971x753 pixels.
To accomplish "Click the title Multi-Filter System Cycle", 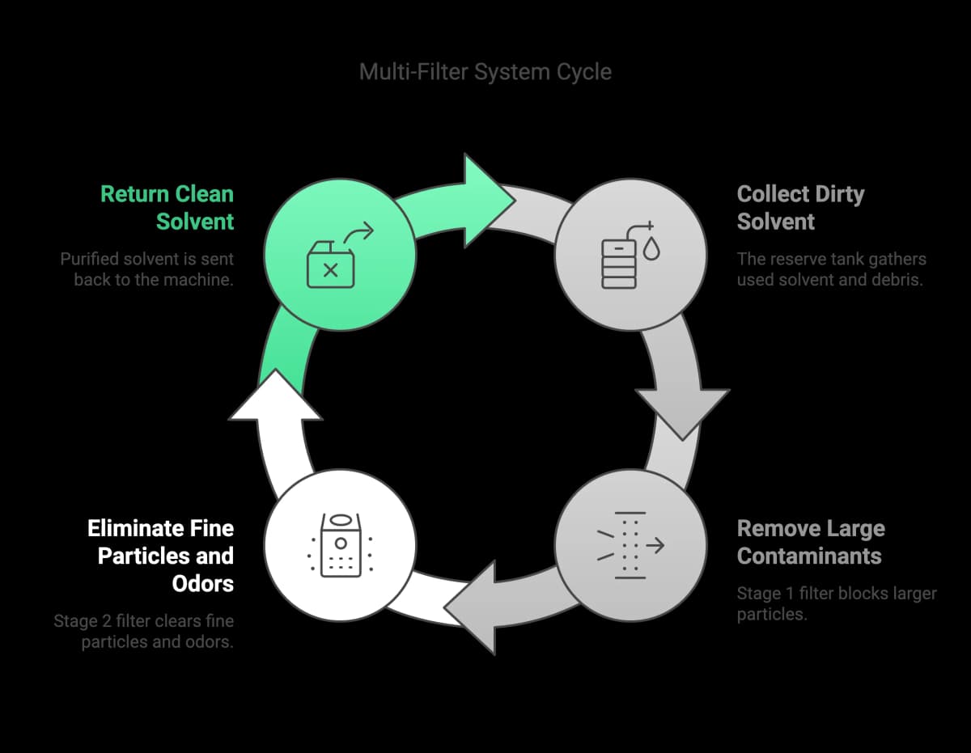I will tap(485, 71).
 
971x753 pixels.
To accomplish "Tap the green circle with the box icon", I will tap(341, 255).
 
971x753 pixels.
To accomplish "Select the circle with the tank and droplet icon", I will tap(629, 255).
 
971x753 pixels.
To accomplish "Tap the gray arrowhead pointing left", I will tap(473, 607).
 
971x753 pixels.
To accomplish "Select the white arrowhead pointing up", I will tap(275, 396).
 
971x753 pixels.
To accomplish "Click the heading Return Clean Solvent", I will tap(167, 208).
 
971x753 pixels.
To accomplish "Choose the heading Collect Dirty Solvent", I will tap(800, 208).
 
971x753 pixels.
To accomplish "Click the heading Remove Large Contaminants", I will tap(811, 542).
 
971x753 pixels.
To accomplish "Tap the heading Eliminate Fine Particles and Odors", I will tap(161, 556).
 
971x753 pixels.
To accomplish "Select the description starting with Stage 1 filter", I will tap(836, 603).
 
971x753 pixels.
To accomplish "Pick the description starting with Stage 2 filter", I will tap(144, 632).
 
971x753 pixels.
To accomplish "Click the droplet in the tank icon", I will tap(651, 252).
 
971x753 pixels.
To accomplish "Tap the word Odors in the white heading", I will tap(203, 583).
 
